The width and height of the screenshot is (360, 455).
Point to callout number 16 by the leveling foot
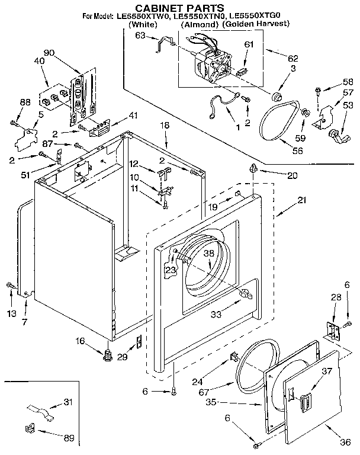coord(81,341)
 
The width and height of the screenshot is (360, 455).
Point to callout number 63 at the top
coord(140,36)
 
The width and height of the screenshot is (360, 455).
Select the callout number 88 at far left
coord(25,102)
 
